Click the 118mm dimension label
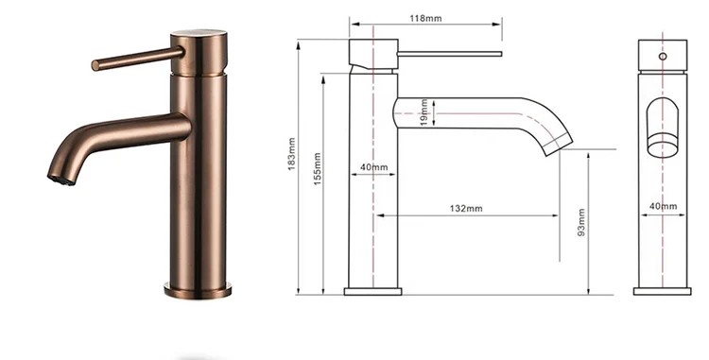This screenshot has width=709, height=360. point(425,19)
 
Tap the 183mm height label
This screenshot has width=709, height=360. point(292,154)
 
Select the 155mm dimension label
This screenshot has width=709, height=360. point(318,169)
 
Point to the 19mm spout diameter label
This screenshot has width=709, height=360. point(424,113)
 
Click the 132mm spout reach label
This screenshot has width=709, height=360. point(466,209)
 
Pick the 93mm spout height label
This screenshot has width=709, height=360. point(581,222)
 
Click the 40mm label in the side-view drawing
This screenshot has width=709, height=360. point(374,167)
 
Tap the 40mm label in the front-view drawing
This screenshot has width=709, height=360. point(664,206)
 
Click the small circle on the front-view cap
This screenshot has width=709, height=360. point(663,57)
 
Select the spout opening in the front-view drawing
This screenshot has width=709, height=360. point(663,128)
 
